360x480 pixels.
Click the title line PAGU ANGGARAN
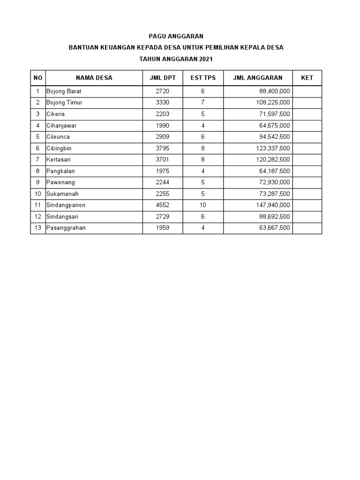pos(176,36)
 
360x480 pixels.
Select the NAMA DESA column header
pos(94,78)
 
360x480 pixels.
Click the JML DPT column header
pos(163,78)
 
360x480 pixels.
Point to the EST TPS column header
pos(203,78)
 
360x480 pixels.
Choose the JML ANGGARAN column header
pos(257,78)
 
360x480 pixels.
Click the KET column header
pos(307,78)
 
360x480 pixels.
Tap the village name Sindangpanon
pos(66,205)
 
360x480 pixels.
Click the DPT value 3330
pos(162,103)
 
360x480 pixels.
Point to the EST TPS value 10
pos(203,205)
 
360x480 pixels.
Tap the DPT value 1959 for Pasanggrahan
pos(162,228)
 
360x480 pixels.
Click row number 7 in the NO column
pos(38,160)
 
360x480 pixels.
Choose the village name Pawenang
pos(61,183)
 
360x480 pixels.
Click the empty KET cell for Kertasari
pos(307,160)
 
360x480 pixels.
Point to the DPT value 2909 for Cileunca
pos(162,137)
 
